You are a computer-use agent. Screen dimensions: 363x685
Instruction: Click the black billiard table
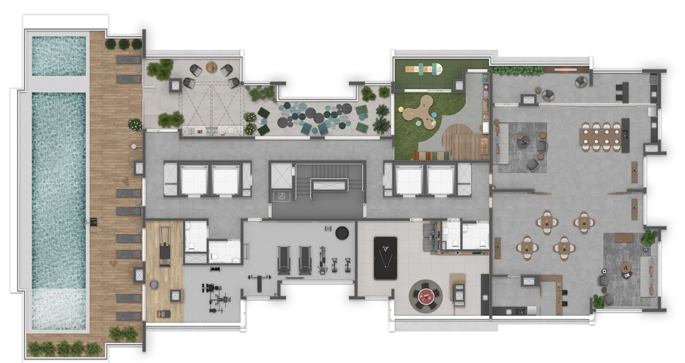tap(385, 258)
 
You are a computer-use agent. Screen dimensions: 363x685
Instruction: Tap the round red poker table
tap(425, 295)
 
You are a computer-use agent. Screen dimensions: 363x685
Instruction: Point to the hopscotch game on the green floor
tap(422, 69)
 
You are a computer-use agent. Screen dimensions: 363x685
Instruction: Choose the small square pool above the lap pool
tap(59, 56)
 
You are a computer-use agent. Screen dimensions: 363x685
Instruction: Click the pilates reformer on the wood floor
tap(164, 246)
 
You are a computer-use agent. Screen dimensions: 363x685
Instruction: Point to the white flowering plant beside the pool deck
tap(135, 124)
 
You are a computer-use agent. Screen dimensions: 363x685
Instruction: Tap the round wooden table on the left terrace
tap(211, 68)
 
